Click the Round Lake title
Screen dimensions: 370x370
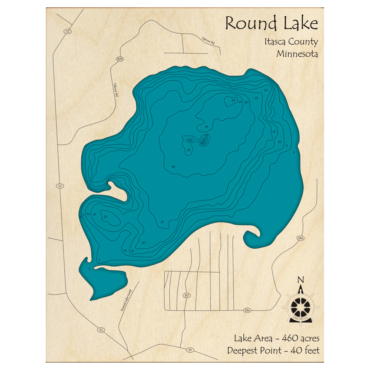(271, 24)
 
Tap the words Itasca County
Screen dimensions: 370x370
(290, 42)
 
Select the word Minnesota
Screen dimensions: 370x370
(297, 54)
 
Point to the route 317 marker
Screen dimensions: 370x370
(186, 295)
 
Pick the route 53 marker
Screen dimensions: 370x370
(190, 350)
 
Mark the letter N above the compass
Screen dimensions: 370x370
(301, 280)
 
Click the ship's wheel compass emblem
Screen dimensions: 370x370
(301, 306)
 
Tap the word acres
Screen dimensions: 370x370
(307, 338)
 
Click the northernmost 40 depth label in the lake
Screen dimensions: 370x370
(233, 100)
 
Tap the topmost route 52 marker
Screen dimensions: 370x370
(67, 31)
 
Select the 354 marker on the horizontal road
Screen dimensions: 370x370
(247, 310)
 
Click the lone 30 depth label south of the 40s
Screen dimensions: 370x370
(173, 167)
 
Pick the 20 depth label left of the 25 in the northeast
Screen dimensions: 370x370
(266, 90)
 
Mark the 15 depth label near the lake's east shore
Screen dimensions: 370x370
(274, 132)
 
